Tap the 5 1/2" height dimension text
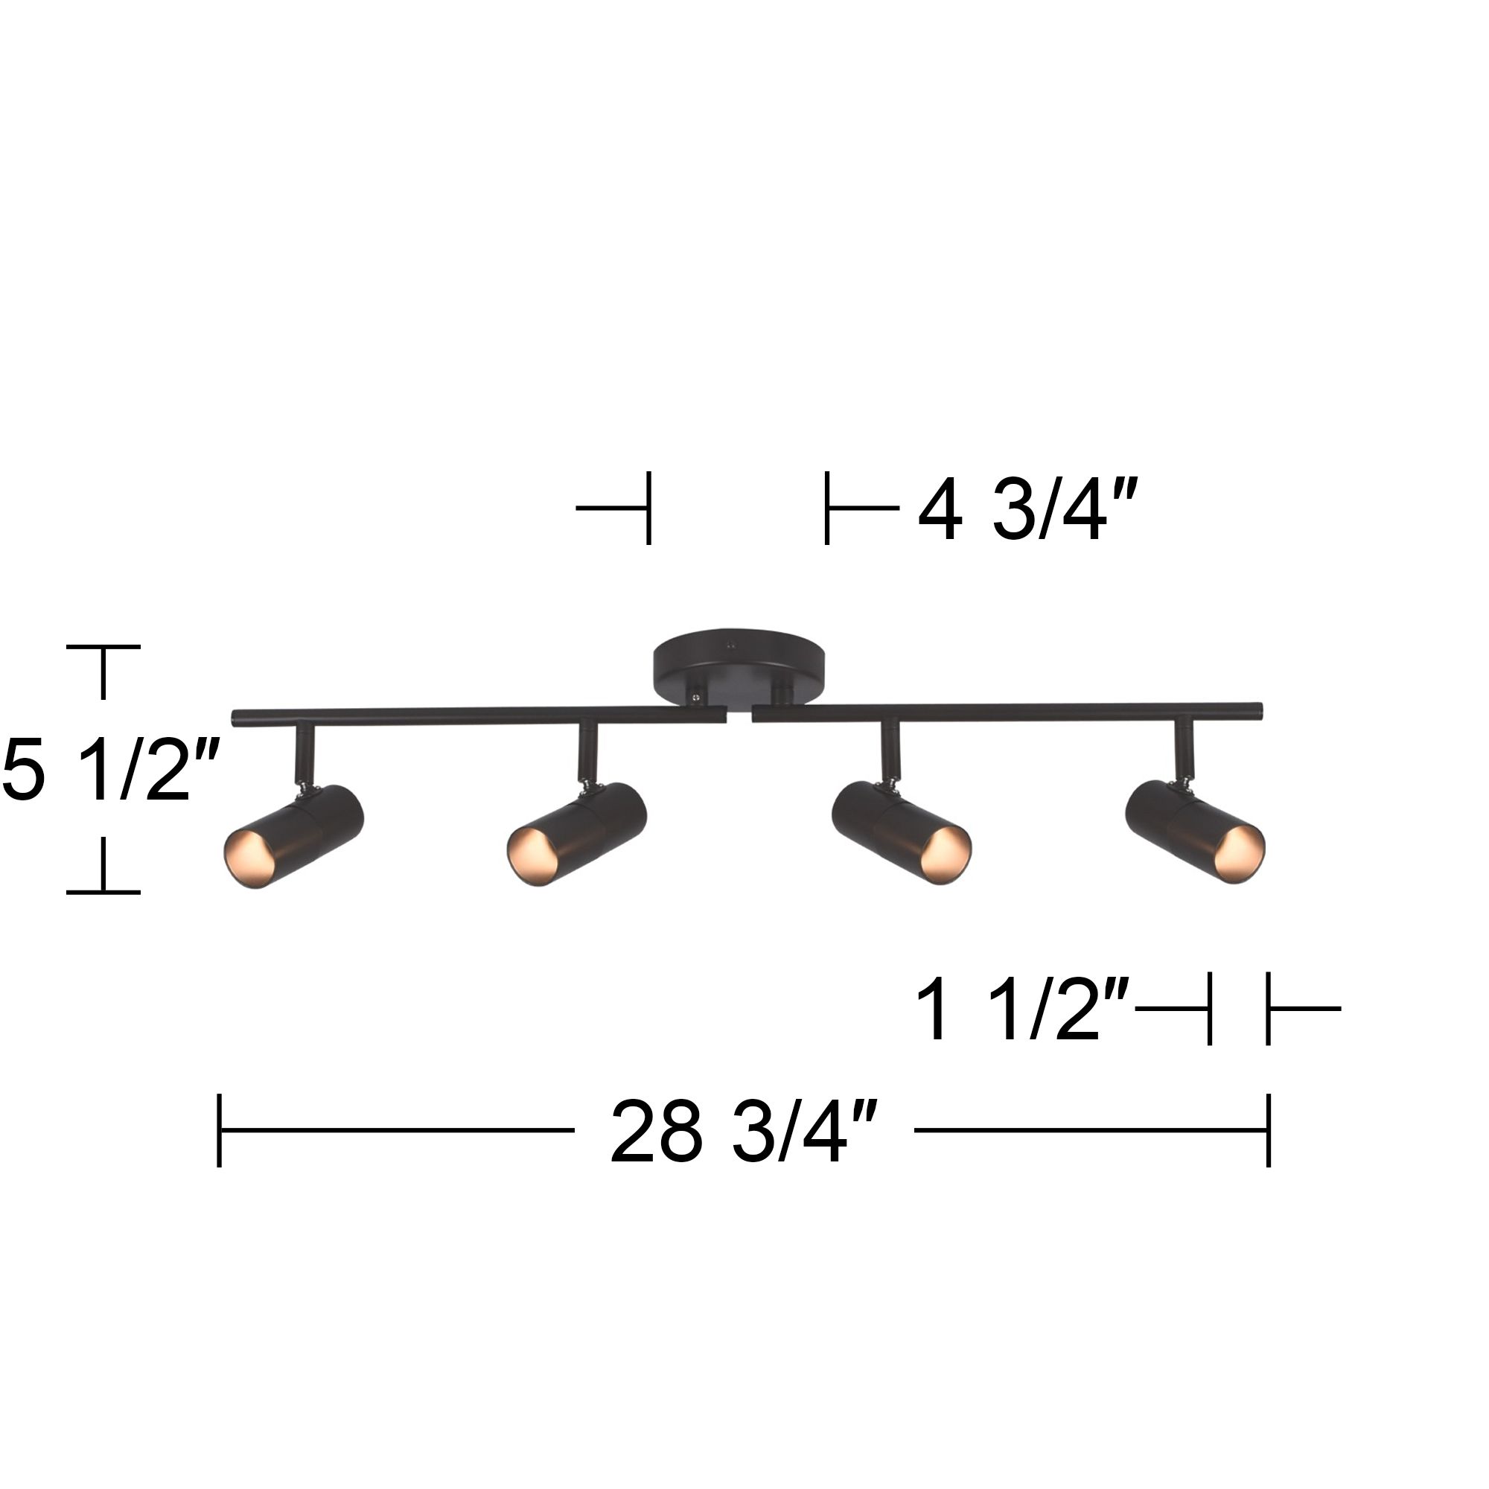tap(110, 770)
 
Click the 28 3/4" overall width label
tap(744, 1132)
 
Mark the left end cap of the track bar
tap(237, 719)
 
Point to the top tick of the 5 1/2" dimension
tap(103, 648)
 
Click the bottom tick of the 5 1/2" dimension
tap(103, 892)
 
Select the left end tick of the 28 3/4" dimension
tap(220, 1131)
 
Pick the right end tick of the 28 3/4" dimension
tap(1268, 1131)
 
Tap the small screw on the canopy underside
tap(696, 696)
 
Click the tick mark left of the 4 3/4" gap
tap(648, 508)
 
